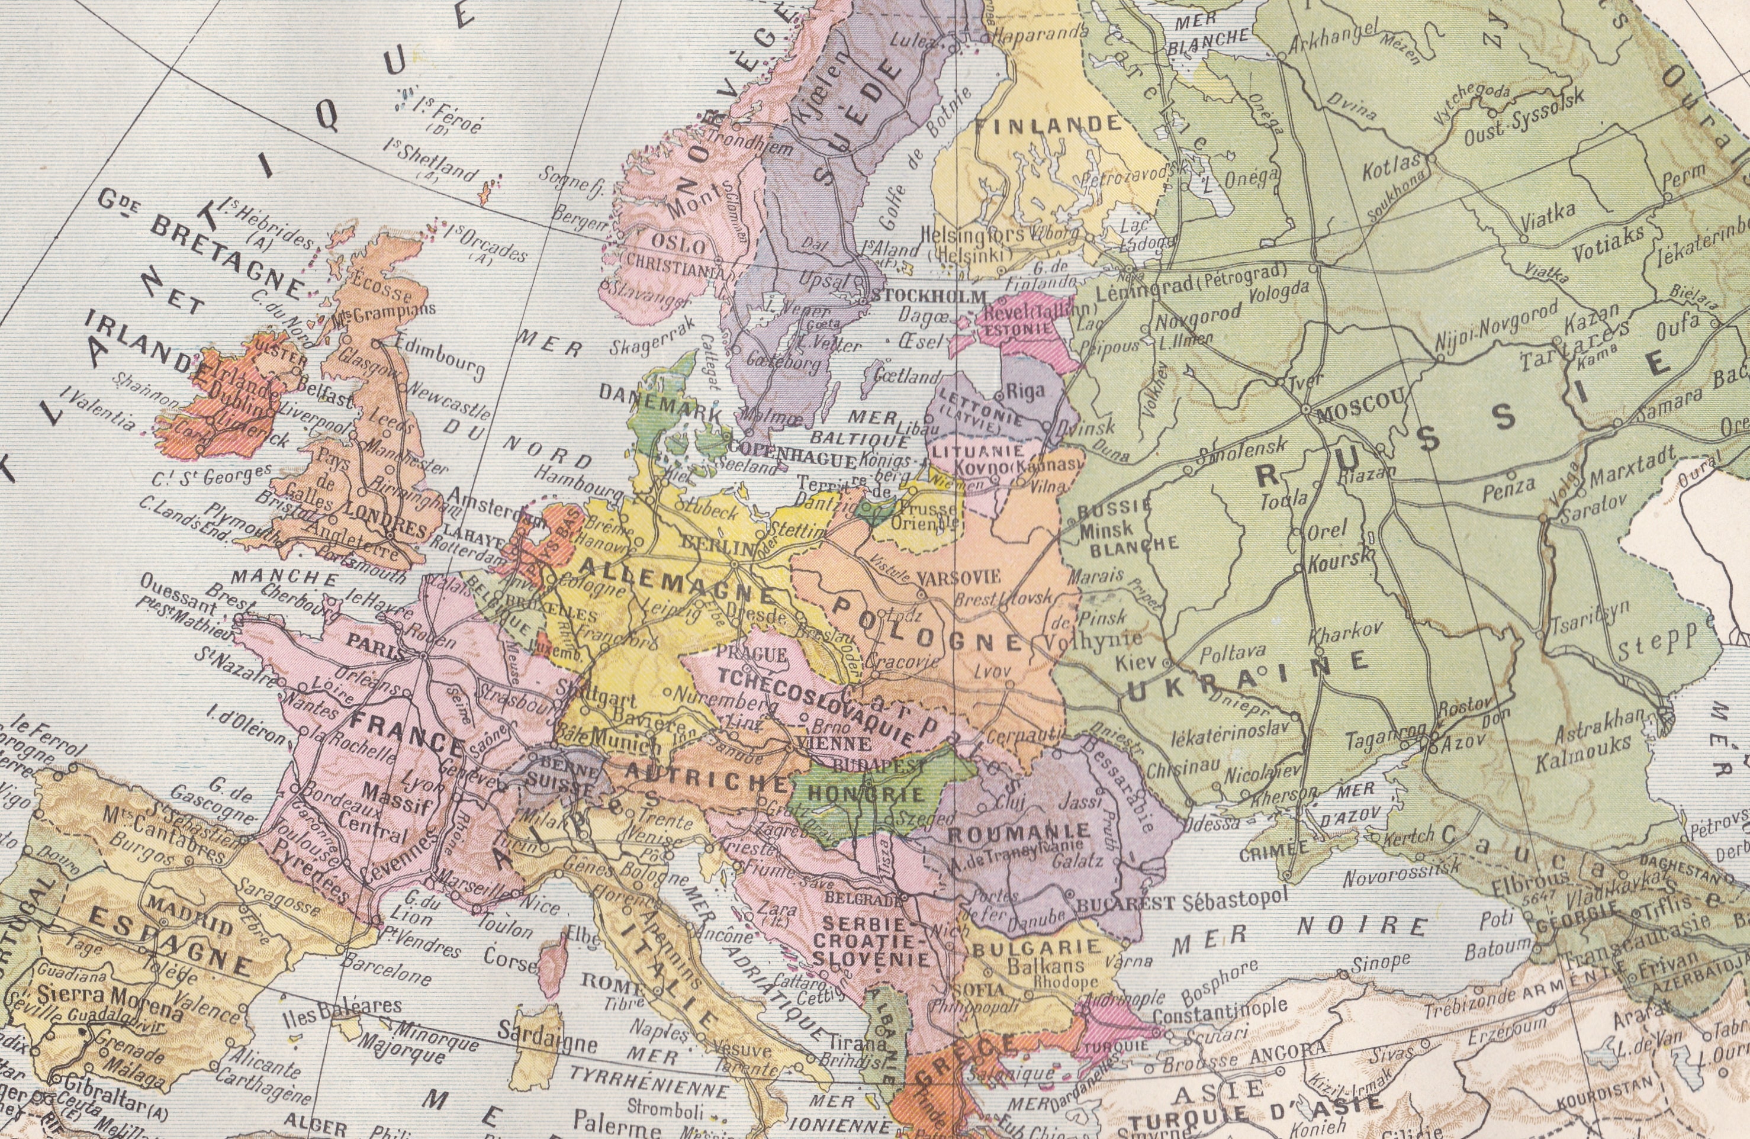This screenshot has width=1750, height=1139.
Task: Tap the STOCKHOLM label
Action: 927,297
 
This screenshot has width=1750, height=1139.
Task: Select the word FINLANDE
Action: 1048,125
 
